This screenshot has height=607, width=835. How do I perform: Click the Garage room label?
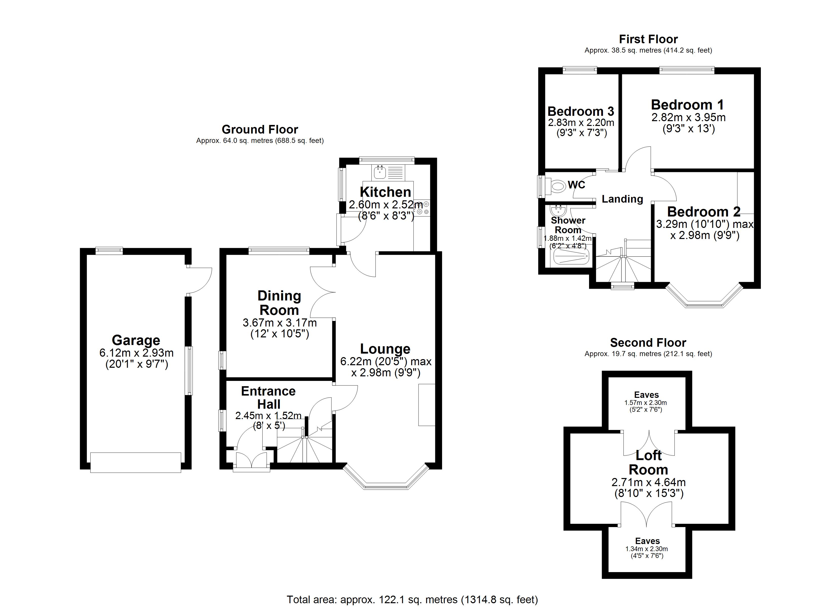pos(136,340)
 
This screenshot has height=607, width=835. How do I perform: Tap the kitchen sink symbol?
pos(379,172)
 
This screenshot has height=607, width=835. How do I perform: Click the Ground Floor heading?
pos(260,129)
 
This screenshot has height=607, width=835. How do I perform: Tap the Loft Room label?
pos(648,463)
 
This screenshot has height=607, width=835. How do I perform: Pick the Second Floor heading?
pos(648,343)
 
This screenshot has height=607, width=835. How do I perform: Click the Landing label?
pos(622,199)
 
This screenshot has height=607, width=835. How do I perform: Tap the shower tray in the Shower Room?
pos(571,256)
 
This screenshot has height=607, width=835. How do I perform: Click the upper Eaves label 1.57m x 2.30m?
pos(646,402)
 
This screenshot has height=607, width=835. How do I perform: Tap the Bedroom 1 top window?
pos(687,70)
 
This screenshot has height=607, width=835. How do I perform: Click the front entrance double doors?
pos(252,461)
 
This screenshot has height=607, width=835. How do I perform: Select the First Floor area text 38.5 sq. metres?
pos(648,50)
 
